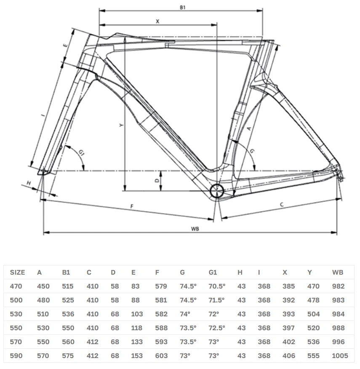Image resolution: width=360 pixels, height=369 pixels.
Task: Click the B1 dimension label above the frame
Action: pyautogui.click(x=183, y=7)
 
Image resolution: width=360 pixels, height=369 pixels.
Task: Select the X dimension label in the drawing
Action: pyautogui.click(x=157, y=21)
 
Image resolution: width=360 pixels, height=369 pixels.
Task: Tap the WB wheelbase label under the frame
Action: pyautogui.click(x=195, y=228)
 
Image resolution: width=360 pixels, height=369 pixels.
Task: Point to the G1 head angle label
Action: pyautogui.click(x=81, y=153)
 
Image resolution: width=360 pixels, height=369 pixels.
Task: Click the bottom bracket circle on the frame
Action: pyautogui.click(x=217, y=191)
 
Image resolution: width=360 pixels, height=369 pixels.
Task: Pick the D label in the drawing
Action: pyautogui.click(x=157, y=181)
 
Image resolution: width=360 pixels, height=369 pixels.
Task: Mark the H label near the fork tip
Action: pyautogui.click(x=29, y=183)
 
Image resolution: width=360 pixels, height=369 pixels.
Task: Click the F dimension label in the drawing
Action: pyautogui.click(x=132, y=206)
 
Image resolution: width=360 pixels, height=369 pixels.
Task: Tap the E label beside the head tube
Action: pyautogui.click(x=65, y=45)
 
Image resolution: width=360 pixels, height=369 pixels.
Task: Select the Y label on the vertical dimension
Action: pyautogui.click(x=121, y=125)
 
